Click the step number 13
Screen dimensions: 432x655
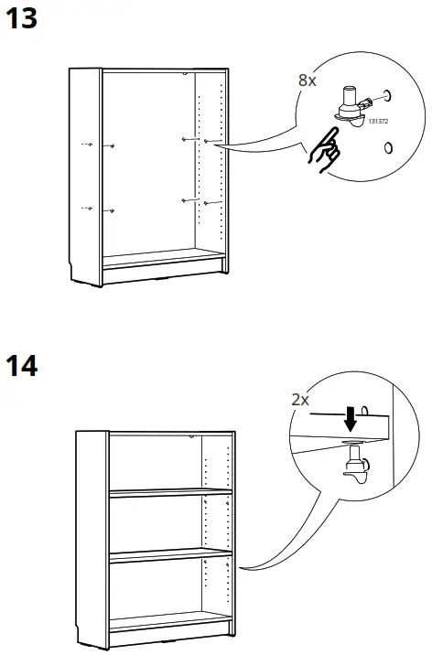click(x=21, y=19)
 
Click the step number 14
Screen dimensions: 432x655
click(x=21, y=366)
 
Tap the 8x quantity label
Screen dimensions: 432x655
click(x=308, y=81)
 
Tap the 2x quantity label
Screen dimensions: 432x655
click(x=300, y=400)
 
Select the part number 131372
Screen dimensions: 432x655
click(x=378, y=121)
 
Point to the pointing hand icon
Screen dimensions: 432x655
click(x=325, y=150)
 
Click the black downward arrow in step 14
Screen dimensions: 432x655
click(x=351, y=419)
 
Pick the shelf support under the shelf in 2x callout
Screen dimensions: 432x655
click(x=356, y=464)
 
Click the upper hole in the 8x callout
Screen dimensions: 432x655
click(x=387, y=96)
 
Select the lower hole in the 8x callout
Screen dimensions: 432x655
click(x=388, y=147)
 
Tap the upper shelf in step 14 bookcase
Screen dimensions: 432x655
click(x=170, y=492)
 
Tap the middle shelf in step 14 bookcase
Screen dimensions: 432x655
click(x=170, y=556)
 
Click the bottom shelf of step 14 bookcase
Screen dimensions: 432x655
click(x=170, y=621)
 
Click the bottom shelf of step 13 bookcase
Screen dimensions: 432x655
click(x=162, y=258)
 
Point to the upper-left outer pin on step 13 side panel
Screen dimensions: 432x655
click(x=87, y=145)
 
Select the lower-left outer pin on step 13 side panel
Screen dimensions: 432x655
click(x=87, y=208)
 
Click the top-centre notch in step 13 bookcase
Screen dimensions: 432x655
click(x=185, y=74)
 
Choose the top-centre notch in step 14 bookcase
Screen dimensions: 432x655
click(x=191, y=436)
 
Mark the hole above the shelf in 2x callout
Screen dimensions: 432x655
click(x=364, y=410)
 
